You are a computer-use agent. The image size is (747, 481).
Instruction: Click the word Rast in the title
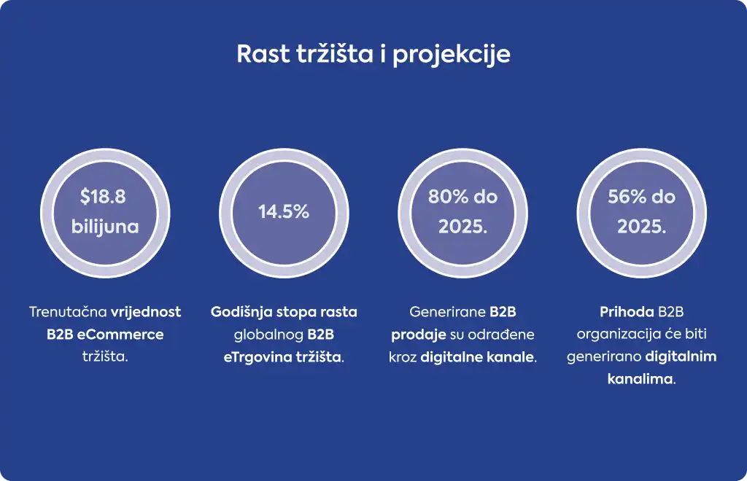point(263,54)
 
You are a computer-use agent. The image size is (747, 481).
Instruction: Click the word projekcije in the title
point(451,55)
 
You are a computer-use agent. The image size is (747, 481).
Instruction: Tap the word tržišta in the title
point(335,54)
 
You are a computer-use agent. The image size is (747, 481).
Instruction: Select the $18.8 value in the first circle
point(103,197)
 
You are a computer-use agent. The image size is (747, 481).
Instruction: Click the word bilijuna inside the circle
point(105,227)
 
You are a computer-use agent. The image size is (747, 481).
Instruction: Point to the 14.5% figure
point(284,212)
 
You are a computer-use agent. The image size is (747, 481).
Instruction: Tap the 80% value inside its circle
point(446,197)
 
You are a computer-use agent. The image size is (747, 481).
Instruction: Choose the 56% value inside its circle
point(624,197)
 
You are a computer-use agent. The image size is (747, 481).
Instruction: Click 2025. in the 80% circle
point(462,227)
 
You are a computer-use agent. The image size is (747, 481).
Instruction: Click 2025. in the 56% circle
point(641,227)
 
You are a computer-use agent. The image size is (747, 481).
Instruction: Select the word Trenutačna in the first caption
point(68,312)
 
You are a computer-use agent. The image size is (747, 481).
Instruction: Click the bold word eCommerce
point(120,335)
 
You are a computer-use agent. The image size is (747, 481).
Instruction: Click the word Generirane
point(440,312)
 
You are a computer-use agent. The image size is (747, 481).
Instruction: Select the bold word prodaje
point(418,335)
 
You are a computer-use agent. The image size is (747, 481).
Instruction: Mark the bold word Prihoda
point(627,312)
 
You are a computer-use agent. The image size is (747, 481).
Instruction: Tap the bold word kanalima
point(640,379)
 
